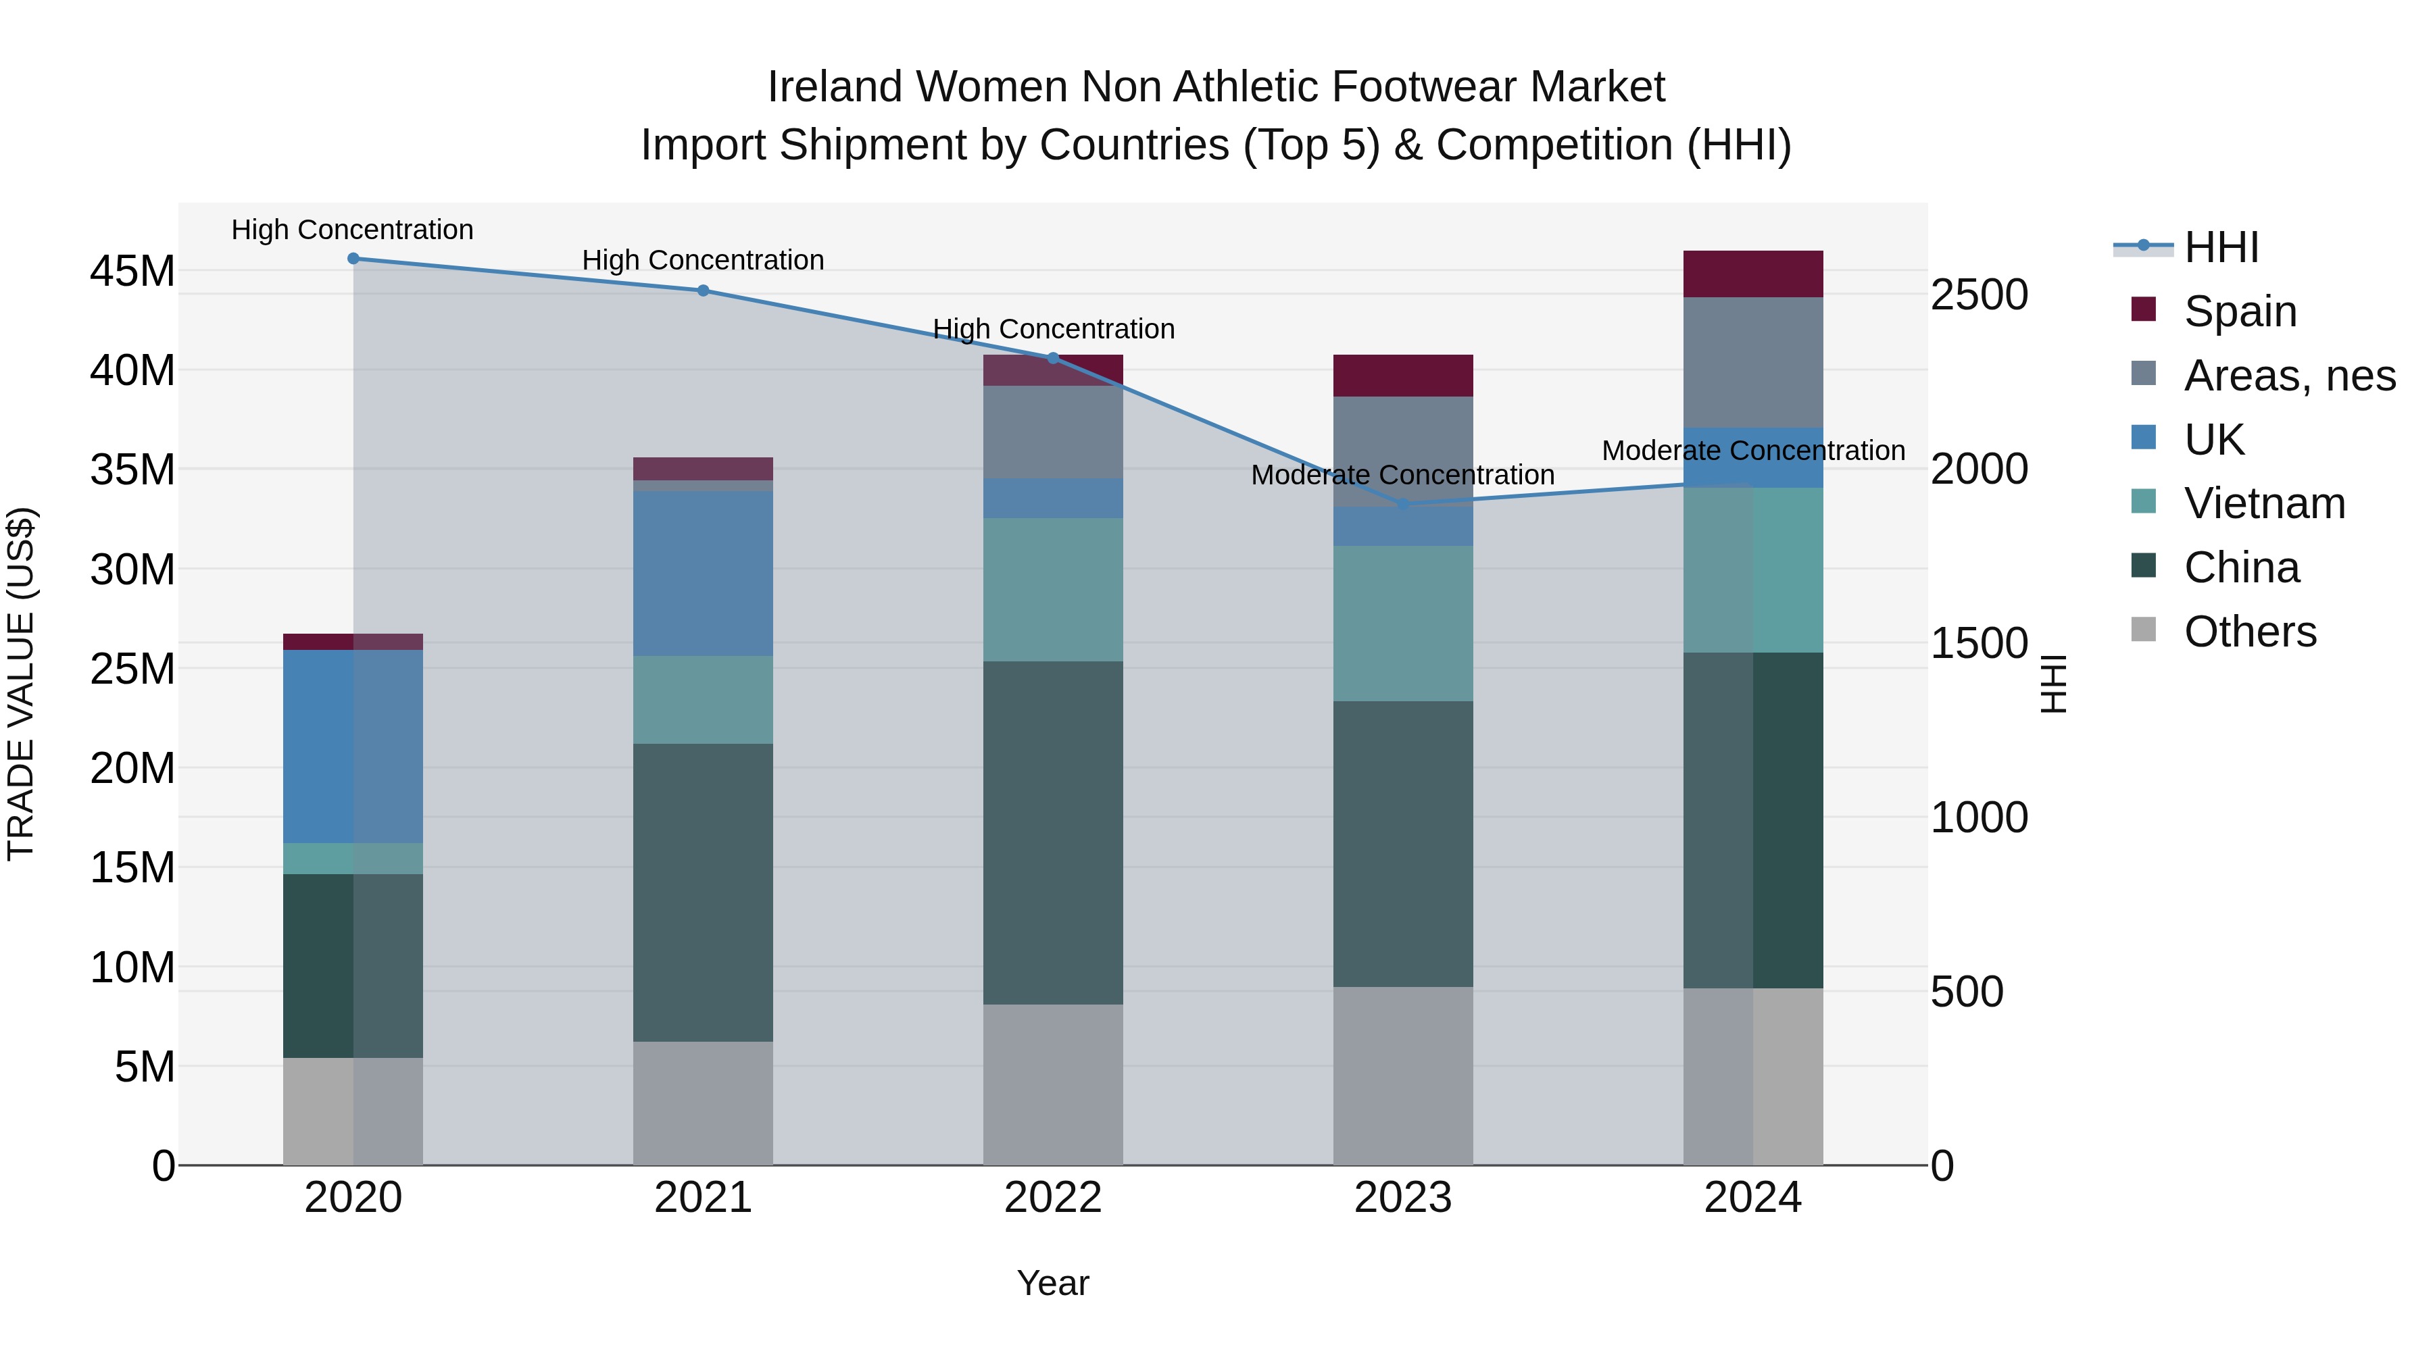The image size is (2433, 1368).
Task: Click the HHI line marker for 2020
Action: coord(353,259)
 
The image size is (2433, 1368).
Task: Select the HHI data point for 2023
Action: coord(1402,504)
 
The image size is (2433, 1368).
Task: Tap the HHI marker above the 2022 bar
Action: coord(1053,358)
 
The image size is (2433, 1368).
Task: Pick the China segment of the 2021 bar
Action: coord(703,892)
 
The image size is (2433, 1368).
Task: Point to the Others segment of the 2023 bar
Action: coord(1402,1076)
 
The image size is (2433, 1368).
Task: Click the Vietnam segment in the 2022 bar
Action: coord(1053,590)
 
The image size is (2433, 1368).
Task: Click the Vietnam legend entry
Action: coord(2264,503)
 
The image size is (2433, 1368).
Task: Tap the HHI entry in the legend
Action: coord(2221,247)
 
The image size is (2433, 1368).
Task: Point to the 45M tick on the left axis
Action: coord(132,272)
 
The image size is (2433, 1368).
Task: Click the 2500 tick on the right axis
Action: coord(1977,295)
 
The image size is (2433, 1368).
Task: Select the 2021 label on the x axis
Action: coord(703,1198)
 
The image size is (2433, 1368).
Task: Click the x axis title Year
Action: coord(1052,1283)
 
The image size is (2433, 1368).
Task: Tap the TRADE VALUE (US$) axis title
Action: coord(22,684)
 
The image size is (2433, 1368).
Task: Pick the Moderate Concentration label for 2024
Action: coord(1753,451)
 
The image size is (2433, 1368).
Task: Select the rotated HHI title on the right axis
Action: coord(2053,684)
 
